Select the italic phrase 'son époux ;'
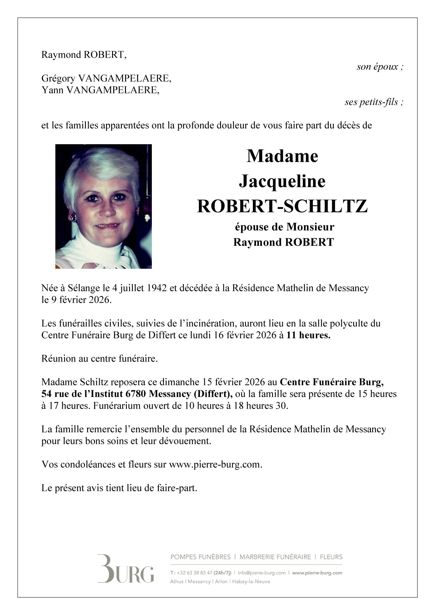pyautogui.click(x=380, y=67)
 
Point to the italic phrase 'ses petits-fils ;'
pyautogui.click(x=374, y=102)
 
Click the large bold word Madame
pyautogui.click(x=282, y=156)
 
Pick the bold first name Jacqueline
pyautogui.click(x=282, y=181)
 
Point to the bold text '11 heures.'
pyautogui.click(x=308, y=335)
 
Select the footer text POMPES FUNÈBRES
pyautogui.click(x=200, y=557)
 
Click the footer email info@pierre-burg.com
pyautogui.click(x=262, y=573)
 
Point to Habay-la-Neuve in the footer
pyautogui.click(x=251, y=582)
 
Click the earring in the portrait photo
pyautogui.click(x=74, y=217)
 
